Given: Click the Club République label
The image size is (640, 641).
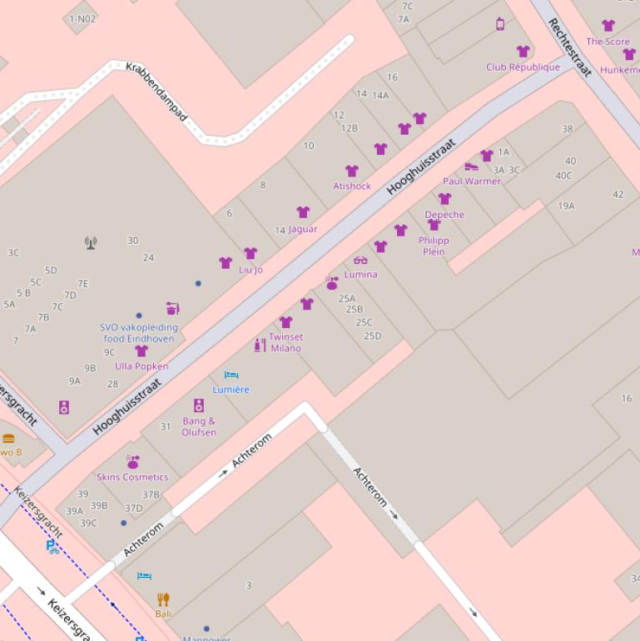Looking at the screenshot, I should pyautogui.click(x=523, y=67).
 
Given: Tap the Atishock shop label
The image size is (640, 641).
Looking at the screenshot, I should pyautogui.click(x=352, y=186).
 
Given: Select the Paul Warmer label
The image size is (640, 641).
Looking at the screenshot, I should pyautogui.click(x=472, y=181).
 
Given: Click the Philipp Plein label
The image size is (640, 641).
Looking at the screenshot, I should pyautogui.click(x=434, y=246).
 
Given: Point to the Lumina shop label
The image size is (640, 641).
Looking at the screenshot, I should pyautogui.click(x=360, y=274).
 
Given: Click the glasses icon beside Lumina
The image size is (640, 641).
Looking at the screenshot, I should pyautogui.click(x=360, y=261).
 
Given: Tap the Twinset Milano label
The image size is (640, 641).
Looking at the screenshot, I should pyautogui.click(x=285, y=342).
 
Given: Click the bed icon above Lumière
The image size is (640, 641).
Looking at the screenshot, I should pyautogui.click(x=231, y=375).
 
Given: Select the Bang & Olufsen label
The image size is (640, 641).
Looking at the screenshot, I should pyautogui.click(x=199, y=426).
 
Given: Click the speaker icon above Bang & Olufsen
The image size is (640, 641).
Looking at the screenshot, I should pyautogui.click(x=199, y=405).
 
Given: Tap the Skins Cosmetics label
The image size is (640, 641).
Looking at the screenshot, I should pyautogui.click(x=132, y=477).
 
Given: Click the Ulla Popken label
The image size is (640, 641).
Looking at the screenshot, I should pyautogui.click(x=141, y=366).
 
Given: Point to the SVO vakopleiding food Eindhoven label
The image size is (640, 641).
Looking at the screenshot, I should pyautogui.click(x=137, y=333).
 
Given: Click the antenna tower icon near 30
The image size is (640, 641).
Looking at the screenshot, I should pyautogui.click(x=91, y=243).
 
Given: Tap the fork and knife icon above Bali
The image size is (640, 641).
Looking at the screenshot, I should pyautogui.click(x=163, y=599).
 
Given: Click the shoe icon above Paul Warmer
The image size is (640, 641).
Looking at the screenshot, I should pyautogui.click(x=471, y=166).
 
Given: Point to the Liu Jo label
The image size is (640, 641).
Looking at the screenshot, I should pyautogui.click(x=251, y=269).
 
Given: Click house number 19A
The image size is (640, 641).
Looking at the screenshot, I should pyautogui.click(x=566, y=206).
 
